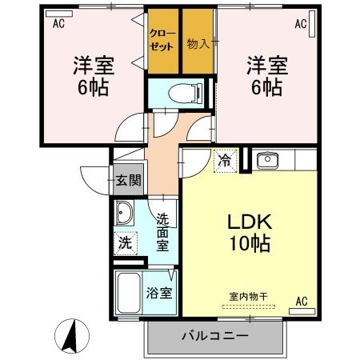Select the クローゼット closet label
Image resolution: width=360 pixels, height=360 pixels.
coord(162,40)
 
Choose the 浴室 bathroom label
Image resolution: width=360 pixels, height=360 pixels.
coord(159,293)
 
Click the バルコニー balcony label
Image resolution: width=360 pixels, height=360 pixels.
coord(214,335)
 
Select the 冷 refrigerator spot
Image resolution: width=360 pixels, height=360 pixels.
coord(225,161)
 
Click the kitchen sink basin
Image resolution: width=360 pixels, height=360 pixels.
coord(266,161)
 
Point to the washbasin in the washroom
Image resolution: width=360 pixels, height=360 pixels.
coord(125,214)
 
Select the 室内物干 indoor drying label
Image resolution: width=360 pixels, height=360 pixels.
coord(248,296)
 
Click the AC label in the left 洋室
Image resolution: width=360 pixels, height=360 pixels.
coord(58,24)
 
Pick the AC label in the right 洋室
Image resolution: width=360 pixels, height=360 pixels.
coord(300,24)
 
